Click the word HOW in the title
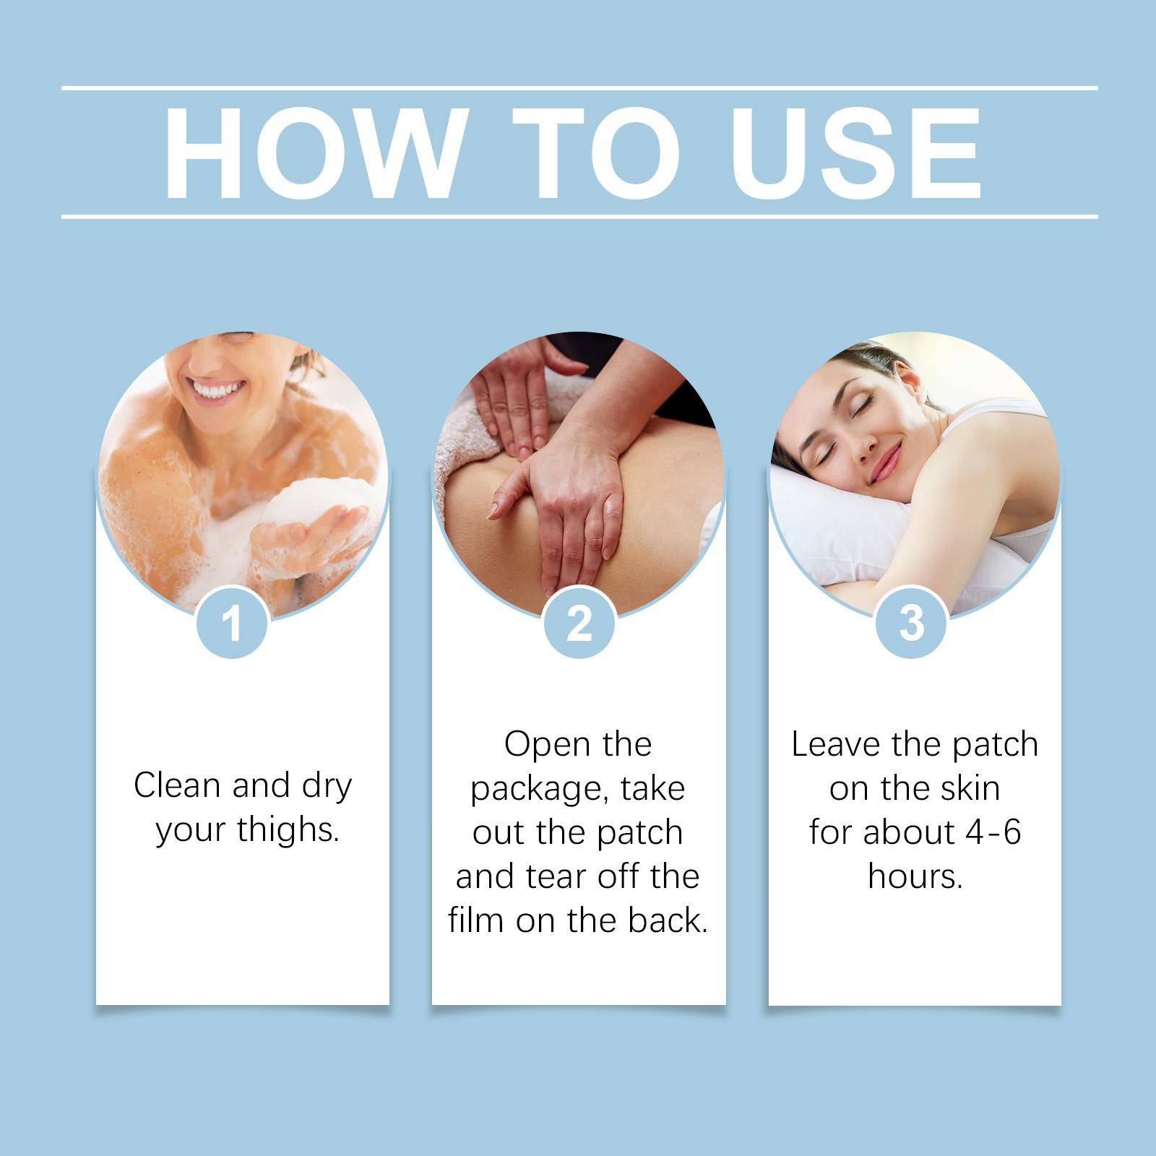313,153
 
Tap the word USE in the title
856,153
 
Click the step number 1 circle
232,622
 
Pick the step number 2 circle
579,622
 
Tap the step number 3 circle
911,622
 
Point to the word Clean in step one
178,785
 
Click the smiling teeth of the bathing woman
219,391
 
